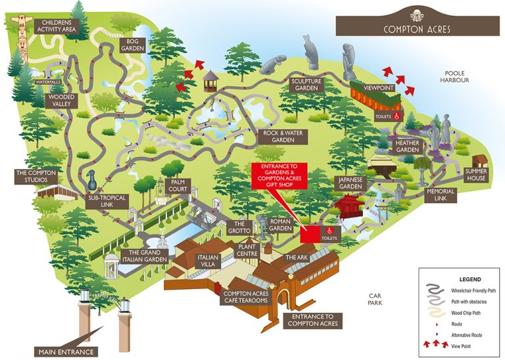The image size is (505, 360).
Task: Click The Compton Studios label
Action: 36,177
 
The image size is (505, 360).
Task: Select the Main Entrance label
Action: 66,351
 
